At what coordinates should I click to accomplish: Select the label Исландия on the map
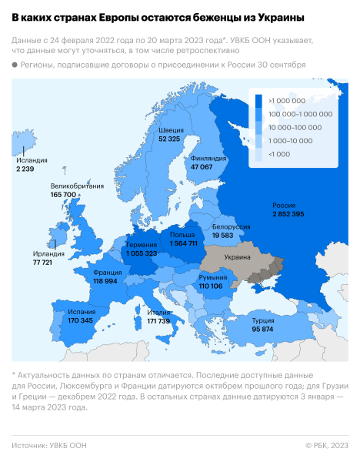point(32,160)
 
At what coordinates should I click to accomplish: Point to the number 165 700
point(63,196)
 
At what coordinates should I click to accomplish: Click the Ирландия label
point(48,253)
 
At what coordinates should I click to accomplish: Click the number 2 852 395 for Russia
point(288,213)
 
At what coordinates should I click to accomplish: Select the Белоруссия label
point(232,228)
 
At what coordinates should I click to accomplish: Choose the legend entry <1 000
point(278,154)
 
